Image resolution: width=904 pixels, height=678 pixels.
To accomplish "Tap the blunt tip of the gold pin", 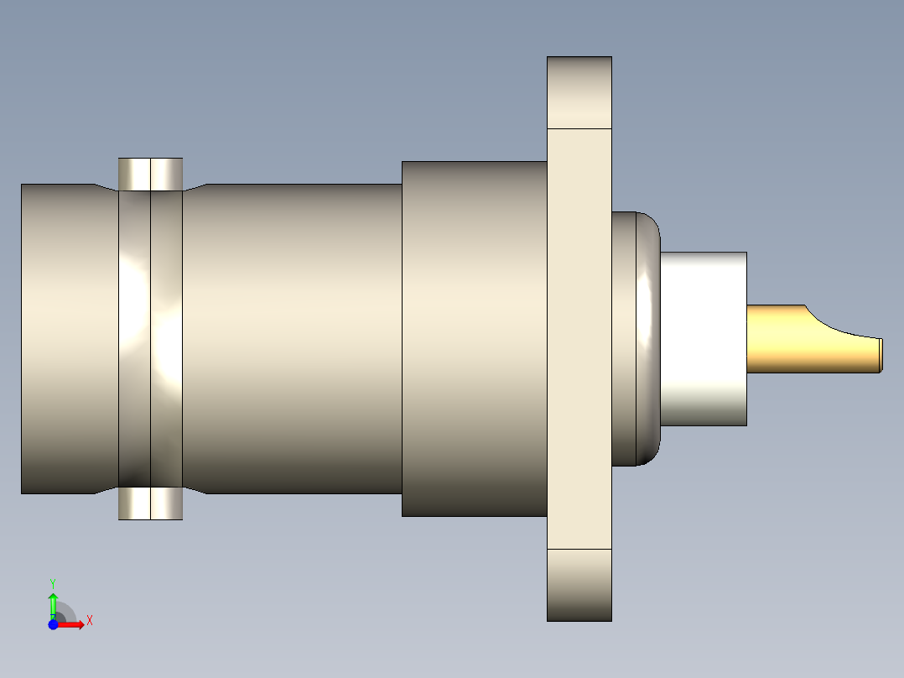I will pyautogui.click(x=880, y=355).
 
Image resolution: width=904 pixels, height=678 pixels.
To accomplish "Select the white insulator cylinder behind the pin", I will pyautogui.click(x=703, y=338).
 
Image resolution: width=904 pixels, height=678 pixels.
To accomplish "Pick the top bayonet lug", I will pyautogui.click(x=150, y=174).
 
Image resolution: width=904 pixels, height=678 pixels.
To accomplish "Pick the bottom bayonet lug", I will pyautogui.click(x=150, y=503).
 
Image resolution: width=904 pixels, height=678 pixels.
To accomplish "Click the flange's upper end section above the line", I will pyautogui.click(x=579, y=92).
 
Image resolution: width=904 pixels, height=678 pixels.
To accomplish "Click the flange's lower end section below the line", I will pyautogui.click(x=579, y=585).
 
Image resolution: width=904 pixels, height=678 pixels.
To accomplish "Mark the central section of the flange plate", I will pyautogui.click(x=579, y=338).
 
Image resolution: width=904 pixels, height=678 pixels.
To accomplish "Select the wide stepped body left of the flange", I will pyautogui.click(x=474, y=338).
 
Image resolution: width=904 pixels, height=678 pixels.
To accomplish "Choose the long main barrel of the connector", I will pyautogui.click(x=294, y=338).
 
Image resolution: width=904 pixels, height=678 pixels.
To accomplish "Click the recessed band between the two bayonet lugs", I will pyautogui.click(x=150, y=338).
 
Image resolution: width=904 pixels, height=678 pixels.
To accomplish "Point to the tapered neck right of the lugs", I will pyautogui.click(x=195, y=338).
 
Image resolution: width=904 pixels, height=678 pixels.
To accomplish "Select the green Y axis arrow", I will pyautogui.click(x=53, y=602).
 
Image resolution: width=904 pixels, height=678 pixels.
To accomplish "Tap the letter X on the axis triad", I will pyautogui.click(x=90, y=621).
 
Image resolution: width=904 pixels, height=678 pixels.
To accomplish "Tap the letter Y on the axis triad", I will pyautogui.click(x=53, y=582).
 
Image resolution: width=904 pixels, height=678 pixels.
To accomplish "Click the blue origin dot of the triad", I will pyautogui.click(x=53, y=625).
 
